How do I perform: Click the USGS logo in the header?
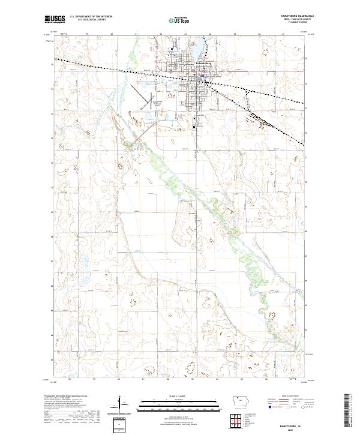56,20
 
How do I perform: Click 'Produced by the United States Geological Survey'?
64,397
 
